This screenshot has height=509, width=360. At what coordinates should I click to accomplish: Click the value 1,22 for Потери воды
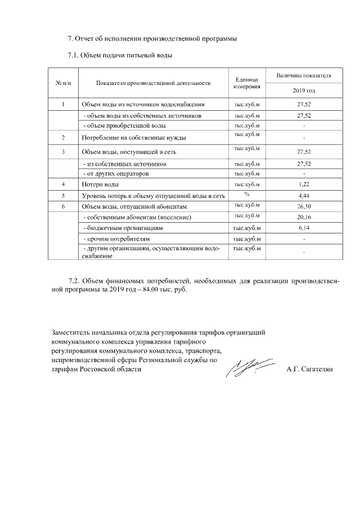tap(304, 184)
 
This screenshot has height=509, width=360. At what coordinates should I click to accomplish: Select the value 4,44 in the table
tap(304, 196)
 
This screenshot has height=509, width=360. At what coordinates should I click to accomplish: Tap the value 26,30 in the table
tap(304, 206)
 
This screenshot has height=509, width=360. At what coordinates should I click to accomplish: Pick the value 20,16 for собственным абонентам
tap(304, 217)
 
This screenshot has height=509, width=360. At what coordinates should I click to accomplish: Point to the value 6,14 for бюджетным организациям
tap(304, 228)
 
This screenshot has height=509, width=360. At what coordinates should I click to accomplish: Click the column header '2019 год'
tap(304, 90)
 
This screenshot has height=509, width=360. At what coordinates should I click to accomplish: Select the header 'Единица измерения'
tap(246, 83)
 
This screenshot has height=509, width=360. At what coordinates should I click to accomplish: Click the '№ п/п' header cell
tap(64, 83)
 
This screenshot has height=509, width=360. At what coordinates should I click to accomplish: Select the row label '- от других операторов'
tap(116, 174)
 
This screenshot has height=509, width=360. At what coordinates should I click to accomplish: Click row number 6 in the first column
tap(64, 206)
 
